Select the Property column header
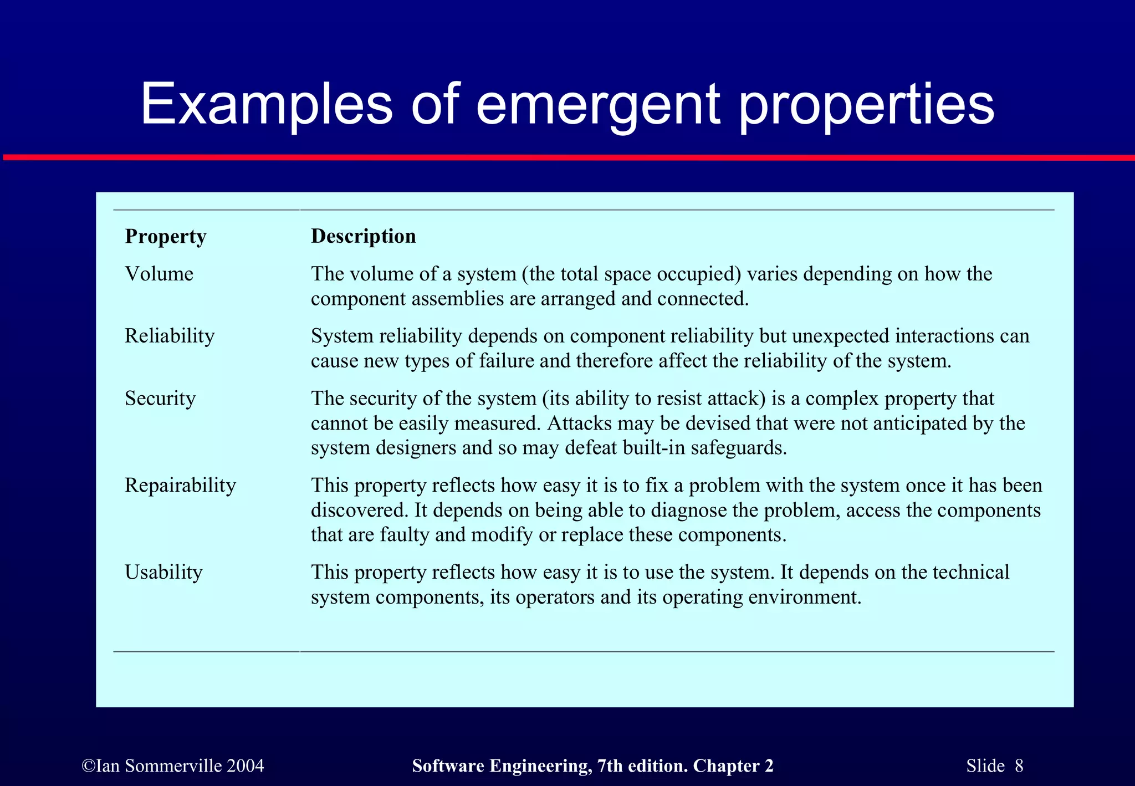[165, 237]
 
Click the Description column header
[363, 236]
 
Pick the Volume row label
[159, 274]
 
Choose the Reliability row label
[169, 336]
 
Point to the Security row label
[160, 399]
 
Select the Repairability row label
[180, 485]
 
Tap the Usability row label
[163, 572]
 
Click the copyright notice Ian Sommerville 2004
[173, 766]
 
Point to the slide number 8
[1019, 766]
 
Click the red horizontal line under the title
[567, 158]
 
